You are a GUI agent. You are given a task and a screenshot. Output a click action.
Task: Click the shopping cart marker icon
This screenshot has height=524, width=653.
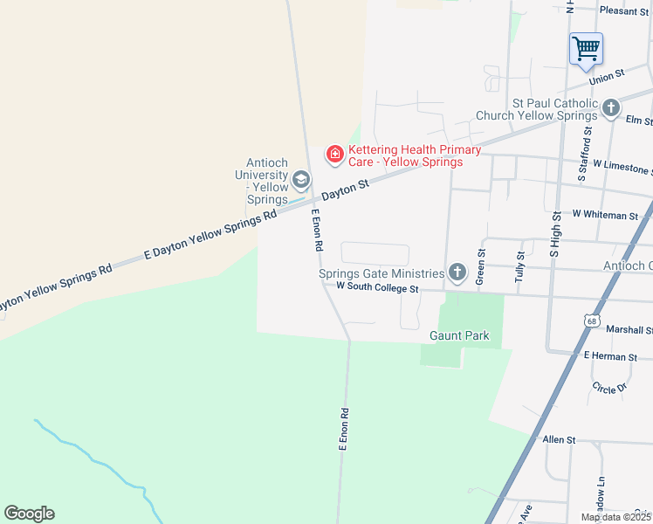[586, 47]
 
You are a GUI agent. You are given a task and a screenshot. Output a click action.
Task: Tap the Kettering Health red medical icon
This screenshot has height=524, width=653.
[333, 155]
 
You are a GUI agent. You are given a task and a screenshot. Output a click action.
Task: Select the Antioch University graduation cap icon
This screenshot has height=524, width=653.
[301, 181]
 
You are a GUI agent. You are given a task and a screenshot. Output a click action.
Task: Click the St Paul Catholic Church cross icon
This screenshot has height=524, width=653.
[610, 109]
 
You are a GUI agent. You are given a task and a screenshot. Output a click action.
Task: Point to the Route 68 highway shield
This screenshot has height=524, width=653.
[593, 321]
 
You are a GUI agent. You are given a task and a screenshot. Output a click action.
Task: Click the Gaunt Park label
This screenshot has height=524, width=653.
[459, 335]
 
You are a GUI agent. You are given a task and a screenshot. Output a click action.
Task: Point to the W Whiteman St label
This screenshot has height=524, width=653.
[606, 214]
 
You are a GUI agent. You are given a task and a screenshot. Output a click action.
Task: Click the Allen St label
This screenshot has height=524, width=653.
[559, 439]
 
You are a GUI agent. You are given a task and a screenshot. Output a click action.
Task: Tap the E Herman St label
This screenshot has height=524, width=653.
[617, 356]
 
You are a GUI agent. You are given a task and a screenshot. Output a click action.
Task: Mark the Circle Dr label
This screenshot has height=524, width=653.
[609, 386]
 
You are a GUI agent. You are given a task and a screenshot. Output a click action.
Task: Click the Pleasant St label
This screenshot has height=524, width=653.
[623, 10]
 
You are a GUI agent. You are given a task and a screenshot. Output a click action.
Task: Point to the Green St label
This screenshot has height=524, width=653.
[481, 265]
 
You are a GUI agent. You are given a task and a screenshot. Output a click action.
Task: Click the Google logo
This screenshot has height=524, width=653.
[29, 514]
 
